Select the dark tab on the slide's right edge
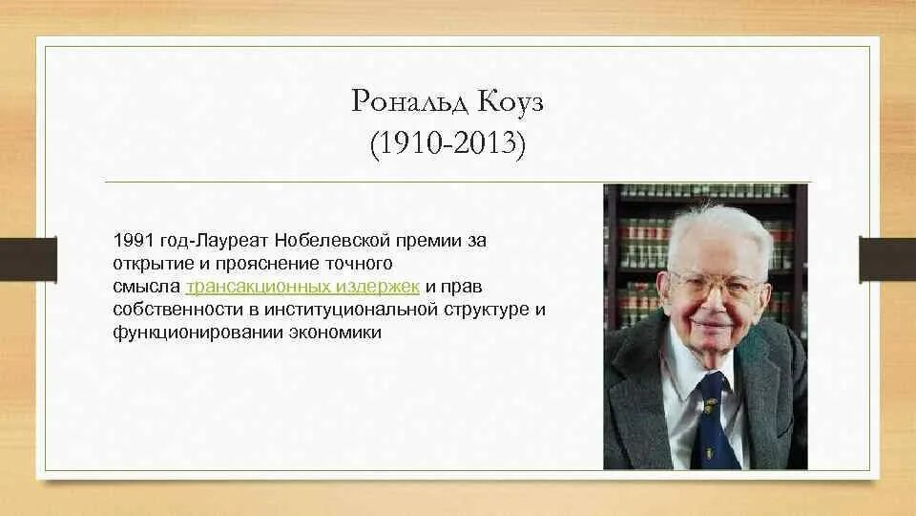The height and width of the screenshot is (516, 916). point(887,258)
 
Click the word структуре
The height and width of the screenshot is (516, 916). point(487,310)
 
